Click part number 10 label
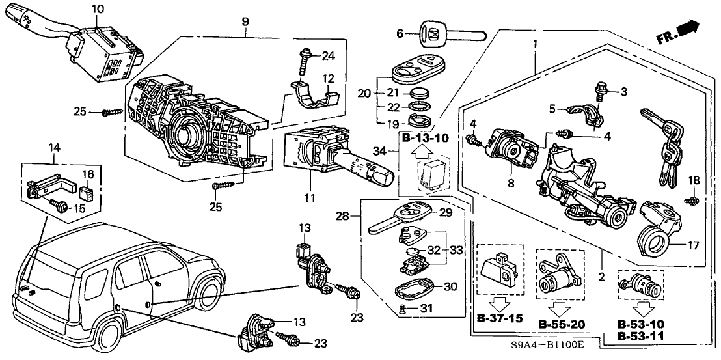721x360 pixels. (98, 9)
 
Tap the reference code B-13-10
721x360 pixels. (425, 139)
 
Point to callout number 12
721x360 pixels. (329, 79)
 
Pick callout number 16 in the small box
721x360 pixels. (87, 174)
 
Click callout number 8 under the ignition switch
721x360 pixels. (511, 184)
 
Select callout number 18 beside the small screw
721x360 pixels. (694, 180)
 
